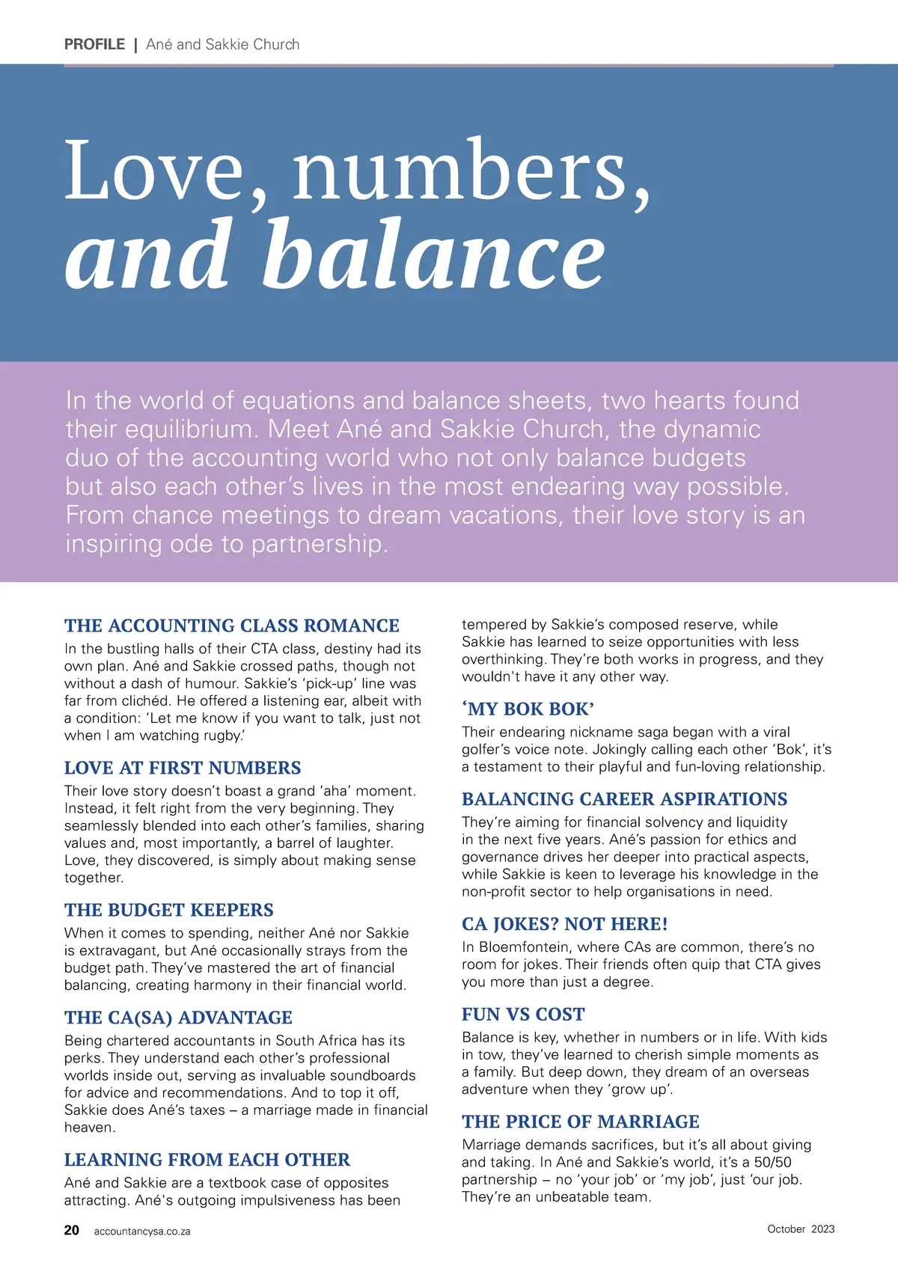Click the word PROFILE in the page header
[x=94, y=44]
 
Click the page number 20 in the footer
[x=72, y=1230]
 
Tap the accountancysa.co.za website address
[x=142, y=1232]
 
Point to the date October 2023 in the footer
[x=801, y=1229]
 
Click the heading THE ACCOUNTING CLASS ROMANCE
[x=232, y=626]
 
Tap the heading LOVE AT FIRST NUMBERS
[x=183, y=768]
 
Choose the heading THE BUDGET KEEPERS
[x=169, y=910]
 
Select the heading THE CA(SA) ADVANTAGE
[x=178, y=1018]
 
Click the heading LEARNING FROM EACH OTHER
[x=207, y=1160]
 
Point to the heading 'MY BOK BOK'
[x=528, y=709]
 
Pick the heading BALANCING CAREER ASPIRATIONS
[x=625, y=799]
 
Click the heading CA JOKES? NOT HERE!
[x=565, y=924]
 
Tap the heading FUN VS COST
[x=523, y=1015]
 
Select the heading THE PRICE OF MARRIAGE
[x=581, y=1122]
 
